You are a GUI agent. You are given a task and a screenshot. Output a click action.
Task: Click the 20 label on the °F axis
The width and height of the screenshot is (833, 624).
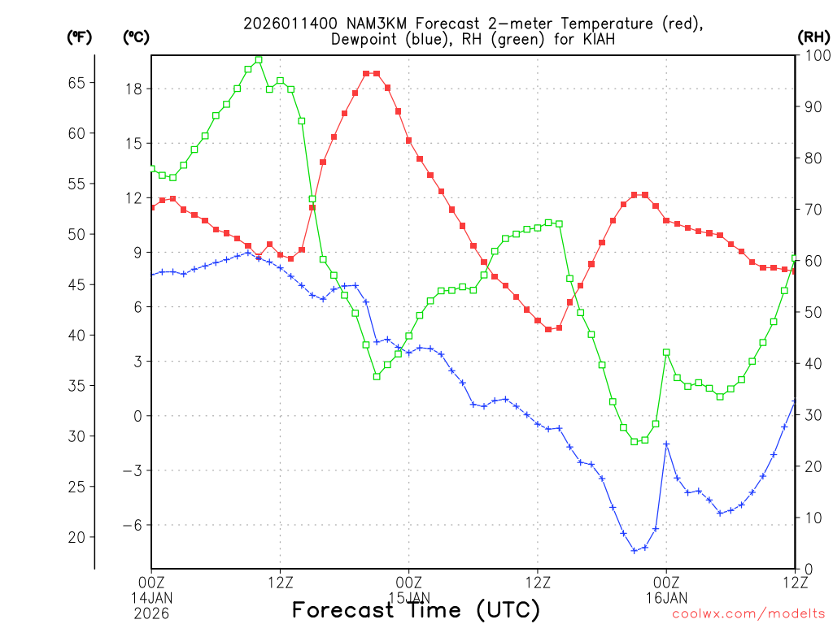(x=75, y=537)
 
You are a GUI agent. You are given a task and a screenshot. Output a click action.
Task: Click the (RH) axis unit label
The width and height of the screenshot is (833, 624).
(x=814, y=37)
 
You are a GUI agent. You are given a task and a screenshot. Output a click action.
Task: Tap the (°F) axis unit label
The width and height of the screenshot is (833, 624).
(x=79, y=37)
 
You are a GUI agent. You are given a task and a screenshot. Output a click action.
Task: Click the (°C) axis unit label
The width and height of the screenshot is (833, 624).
(x=136, y=37)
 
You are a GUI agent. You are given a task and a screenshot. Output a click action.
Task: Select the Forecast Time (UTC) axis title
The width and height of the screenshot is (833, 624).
(x=416, y=609)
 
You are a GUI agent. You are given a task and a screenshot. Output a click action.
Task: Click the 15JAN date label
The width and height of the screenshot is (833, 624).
(x=409, y=596)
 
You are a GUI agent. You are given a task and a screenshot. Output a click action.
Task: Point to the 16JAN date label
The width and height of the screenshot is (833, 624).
(x=666, y=596)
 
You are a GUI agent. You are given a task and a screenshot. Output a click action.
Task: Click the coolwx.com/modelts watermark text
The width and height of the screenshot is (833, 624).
(x=748, y=613)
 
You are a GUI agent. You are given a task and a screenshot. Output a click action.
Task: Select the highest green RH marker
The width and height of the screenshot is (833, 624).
(x=259, y=59)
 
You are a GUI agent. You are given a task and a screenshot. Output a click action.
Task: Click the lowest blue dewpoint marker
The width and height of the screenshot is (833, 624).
(x=635, y=551)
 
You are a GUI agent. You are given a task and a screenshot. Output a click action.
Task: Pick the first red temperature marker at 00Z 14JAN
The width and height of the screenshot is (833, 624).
(x=151, y=207)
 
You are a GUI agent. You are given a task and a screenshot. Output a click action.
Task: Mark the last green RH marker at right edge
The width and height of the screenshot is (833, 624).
(x=795, y=258)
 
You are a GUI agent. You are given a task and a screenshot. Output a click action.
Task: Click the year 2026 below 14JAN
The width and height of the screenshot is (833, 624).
(x=152, y=611)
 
